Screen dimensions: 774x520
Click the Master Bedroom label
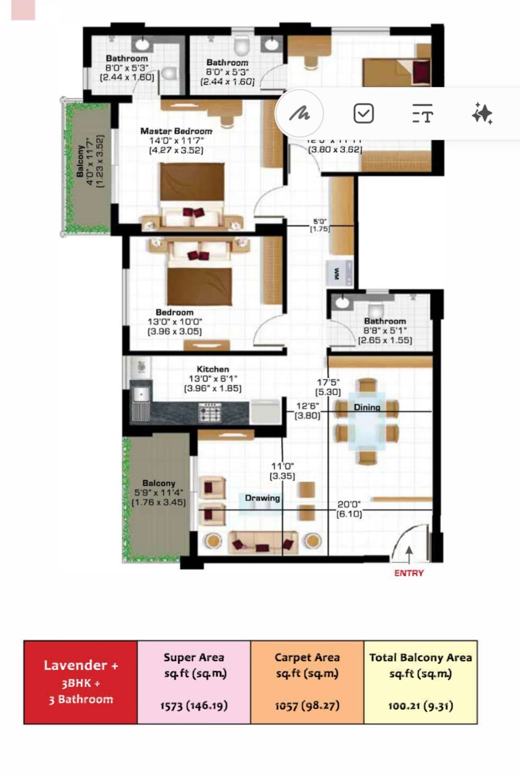click(x=176, y=131)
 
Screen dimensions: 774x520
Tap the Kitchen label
click(x=213, y=369)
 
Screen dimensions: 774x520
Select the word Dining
click(x=367, y=407)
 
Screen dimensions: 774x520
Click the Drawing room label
click(x=262, y=498)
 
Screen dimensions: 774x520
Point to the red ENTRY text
click(x=409, y=573)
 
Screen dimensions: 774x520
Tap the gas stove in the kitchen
click(x=210, y=413)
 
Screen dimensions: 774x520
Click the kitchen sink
click(x=141, y=395)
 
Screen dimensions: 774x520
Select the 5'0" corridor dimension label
click(x=320, y=222)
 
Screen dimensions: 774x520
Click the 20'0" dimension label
click(x=349, y=504)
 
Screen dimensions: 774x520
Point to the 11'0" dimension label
click(x=282, y=466)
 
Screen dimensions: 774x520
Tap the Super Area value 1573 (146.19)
click(x=194, y=706)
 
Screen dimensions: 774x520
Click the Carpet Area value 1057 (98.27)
click(x=307, y=706)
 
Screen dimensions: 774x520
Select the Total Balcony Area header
click(x=420, y=658)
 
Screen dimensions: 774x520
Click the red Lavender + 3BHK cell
click(x=80, y=682)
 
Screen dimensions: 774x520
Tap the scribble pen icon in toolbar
click(x=299, y=114)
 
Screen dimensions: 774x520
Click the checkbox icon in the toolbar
click(x=364, y=114)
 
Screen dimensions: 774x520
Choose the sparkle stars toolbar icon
click(x=482, y=114)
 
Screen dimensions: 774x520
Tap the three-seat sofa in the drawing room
click(x=263, y=542)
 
